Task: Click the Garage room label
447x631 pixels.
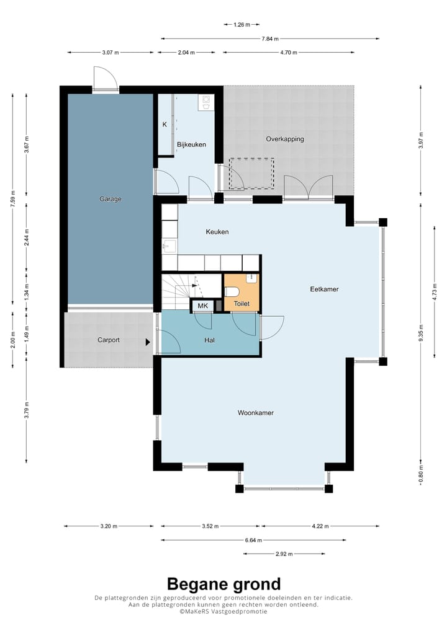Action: coord(111,199)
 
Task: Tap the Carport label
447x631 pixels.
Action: coord(109,340)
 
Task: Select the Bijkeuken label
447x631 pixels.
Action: coord(191,144)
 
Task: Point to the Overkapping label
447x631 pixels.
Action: coord(285,139)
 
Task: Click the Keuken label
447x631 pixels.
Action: coord(217,232)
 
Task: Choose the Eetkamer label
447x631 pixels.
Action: coord(325,289)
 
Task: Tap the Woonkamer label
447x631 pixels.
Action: coord(256,413)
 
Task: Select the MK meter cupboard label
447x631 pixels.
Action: coord(203,306)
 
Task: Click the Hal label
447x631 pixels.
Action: coord(210,340)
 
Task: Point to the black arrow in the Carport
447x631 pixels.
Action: coord(148,342)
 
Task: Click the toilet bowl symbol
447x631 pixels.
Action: coord(232,292)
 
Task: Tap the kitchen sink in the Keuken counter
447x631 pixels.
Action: coord(169,246)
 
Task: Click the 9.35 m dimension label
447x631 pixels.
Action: coord(421,332)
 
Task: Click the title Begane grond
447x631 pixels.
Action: coord(223,584)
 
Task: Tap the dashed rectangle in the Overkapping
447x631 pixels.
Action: coord(252,174)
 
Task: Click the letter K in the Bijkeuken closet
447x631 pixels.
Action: coord(165,125)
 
